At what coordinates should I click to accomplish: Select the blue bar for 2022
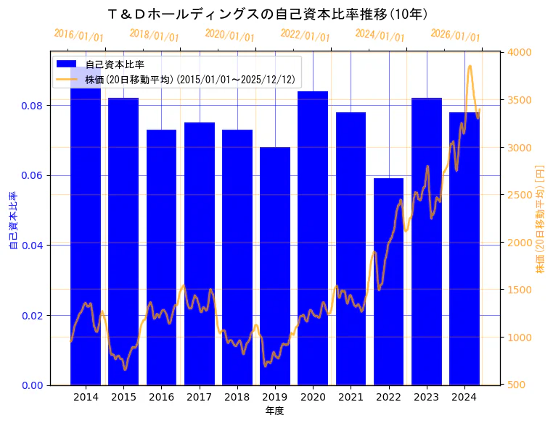[x=388, y=282]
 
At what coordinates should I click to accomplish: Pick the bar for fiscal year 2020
[x=313, y=238]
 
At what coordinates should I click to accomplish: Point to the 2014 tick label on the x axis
[x=86, y=397]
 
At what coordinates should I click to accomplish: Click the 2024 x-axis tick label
[x=464, y=397]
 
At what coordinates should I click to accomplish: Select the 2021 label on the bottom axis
[x=351, y=397]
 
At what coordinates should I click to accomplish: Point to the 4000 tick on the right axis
[x=520, y=52]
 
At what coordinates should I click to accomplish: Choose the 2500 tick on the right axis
[x=520, y=195]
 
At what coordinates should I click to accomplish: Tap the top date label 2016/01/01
[x=79, y=35]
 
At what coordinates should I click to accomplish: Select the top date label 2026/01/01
[x=455, y=35]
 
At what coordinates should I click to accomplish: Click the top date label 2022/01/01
[x=305, y=35]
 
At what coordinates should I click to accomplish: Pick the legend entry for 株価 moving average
[x=189, y=80]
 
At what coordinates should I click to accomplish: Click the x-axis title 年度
[x=274, y=411]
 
